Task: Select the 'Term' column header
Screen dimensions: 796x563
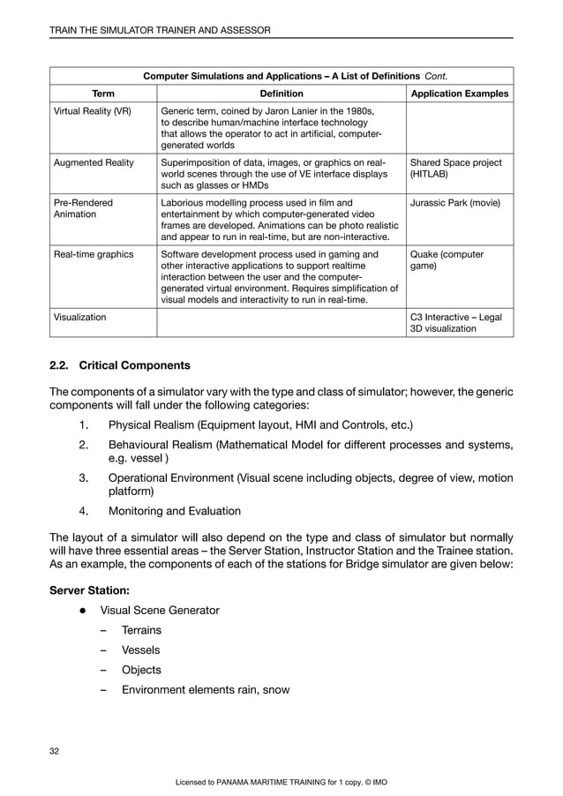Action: coord(102,94)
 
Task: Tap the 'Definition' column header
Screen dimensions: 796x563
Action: coord(281,94)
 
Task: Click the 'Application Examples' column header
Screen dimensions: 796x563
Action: coord(460,94)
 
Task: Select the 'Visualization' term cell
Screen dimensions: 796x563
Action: coord(80,317)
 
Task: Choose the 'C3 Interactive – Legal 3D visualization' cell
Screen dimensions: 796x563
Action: coord(457,323)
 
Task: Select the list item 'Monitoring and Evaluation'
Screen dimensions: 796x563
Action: coord(174,510)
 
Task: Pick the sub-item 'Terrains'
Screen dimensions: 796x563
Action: coord(141,630)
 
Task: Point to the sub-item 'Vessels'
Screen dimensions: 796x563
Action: coord(140,650)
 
